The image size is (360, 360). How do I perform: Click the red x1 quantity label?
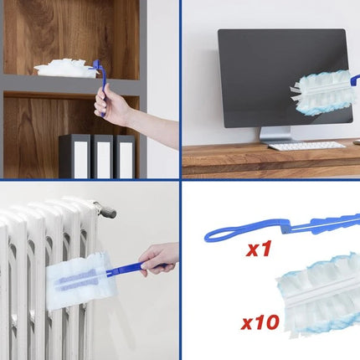click(259, 249)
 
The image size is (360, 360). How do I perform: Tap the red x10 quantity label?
click(260, 322)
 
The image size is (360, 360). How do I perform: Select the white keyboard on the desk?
click(306, 146)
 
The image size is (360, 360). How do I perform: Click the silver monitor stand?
click(275, 135)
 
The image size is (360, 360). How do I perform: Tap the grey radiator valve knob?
click(106, 211)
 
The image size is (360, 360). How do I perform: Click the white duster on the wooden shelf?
click(66, 68)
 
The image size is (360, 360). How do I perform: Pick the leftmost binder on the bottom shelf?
click(75, 157)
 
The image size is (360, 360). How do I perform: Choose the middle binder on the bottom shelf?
click(102, 157)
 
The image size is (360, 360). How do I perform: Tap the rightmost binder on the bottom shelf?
click(125, 157)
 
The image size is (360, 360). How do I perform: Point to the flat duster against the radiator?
click(81, 280)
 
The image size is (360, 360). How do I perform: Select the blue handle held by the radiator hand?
click(134, 270)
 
